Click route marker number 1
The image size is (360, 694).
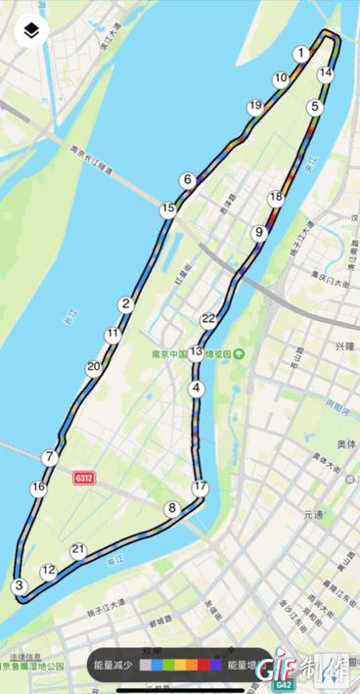301,54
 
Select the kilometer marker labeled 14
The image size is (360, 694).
326,72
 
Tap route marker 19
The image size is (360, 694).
255,106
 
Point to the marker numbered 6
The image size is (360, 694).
186,179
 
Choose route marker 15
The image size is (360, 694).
168,208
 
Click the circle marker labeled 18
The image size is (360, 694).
276,197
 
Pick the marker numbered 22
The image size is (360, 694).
208,318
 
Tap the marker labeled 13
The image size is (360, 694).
197,351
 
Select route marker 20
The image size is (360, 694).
94,368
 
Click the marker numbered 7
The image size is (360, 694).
50,457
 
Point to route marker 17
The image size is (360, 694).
201,486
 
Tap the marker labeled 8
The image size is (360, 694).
172,508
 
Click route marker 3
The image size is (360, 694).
18,585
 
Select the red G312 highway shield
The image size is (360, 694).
86,479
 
